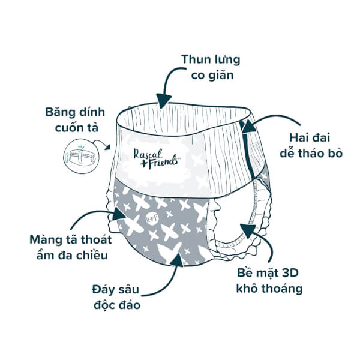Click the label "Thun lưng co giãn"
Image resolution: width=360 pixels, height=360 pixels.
point(211,67)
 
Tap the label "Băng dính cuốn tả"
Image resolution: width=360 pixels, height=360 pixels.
point(76,120)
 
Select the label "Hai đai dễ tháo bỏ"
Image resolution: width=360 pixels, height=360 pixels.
point(311,146)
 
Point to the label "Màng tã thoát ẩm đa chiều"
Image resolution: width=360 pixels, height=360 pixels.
point(71,247)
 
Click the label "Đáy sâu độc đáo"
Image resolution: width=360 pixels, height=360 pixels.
point(116,297)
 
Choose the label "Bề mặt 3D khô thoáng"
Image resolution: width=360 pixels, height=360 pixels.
point(269,281)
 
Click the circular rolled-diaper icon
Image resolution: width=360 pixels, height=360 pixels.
point(81,156)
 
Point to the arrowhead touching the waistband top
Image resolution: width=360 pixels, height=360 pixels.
point(163,101)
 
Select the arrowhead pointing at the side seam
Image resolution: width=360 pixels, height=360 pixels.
point(248,126)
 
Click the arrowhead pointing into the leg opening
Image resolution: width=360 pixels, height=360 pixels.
point(248,230)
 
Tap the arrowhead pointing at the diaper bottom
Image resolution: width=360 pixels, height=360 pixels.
point(177,260)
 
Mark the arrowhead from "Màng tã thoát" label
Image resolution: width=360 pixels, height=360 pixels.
point(118,214)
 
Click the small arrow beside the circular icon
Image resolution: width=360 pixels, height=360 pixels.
point(102,144)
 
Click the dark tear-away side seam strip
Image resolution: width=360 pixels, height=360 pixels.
point(247,149)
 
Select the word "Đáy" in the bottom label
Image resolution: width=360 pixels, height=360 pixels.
point(102,290)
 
